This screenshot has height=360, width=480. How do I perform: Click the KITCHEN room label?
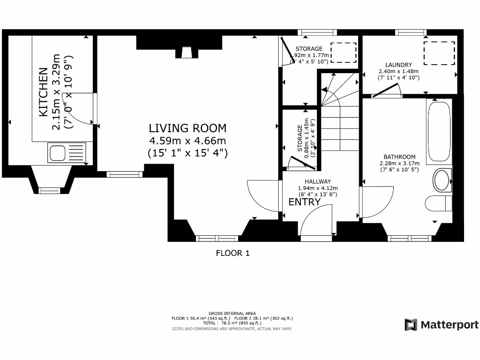coord(43,92)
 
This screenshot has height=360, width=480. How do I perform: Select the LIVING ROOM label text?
coord(187,128)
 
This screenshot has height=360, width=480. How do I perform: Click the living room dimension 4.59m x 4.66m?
coord(187,141)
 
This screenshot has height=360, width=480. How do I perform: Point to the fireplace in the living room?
coord(186,53)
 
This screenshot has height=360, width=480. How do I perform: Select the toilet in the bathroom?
coord(438,203)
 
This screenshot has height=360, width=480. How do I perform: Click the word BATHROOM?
coord(399,157)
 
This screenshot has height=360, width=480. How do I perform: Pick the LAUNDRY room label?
coord(398,65)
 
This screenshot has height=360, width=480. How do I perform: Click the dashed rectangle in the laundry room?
coord(439,53)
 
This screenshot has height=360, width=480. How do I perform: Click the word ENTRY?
coord(304,202)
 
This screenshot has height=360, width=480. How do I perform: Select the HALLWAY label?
coord(317,181)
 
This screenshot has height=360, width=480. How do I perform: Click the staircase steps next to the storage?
coord(340,127)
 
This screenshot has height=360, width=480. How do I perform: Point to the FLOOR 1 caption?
coord(232,253)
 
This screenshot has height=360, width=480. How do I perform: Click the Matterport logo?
coord(442,324)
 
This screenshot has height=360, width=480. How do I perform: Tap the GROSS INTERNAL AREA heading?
coord(232,313)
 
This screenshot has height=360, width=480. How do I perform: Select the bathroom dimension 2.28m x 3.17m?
coord(399,164)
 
